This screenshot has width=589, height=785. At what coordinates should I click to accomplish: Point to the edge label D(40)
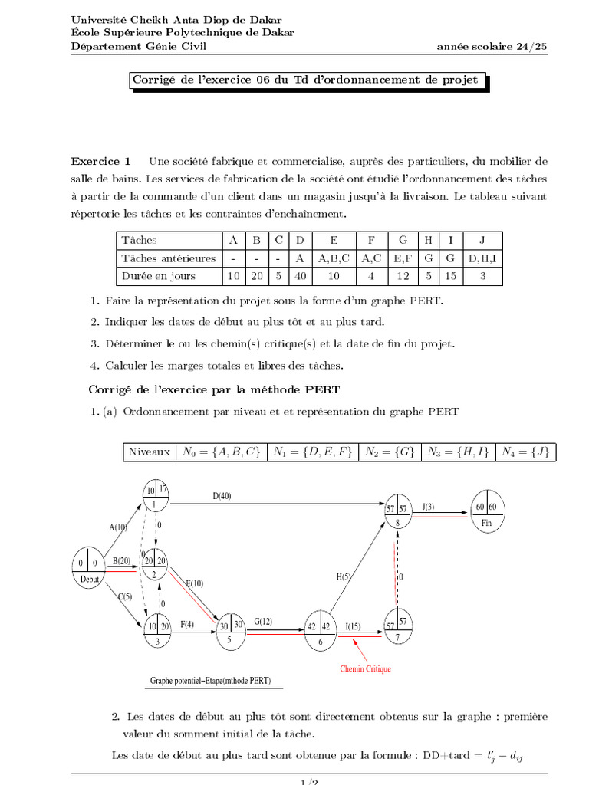(222, 496)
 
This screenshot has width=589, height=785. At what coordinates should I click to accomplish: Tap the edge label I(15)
(354, 627)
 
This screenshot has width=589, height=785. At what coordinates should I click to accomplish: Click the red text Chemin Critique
(365, 669)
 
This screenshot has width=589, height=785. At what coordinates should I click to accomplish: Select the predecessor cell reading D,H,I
(482, 258)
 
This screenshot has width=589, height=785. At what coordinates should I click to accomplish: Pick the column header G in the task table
(403, 240)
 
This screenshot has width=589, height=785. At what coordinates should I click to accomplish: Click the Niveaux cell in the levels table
(150, 452)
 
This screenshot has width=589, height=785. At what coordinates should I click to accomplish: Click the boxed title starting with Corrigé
(304, 80)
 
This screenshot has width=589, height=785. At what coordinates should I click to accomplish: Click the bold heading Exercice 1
(101, 161)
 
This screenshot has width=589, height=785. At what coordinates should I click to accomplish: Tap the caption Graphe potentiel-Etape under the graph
(210, 681)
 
